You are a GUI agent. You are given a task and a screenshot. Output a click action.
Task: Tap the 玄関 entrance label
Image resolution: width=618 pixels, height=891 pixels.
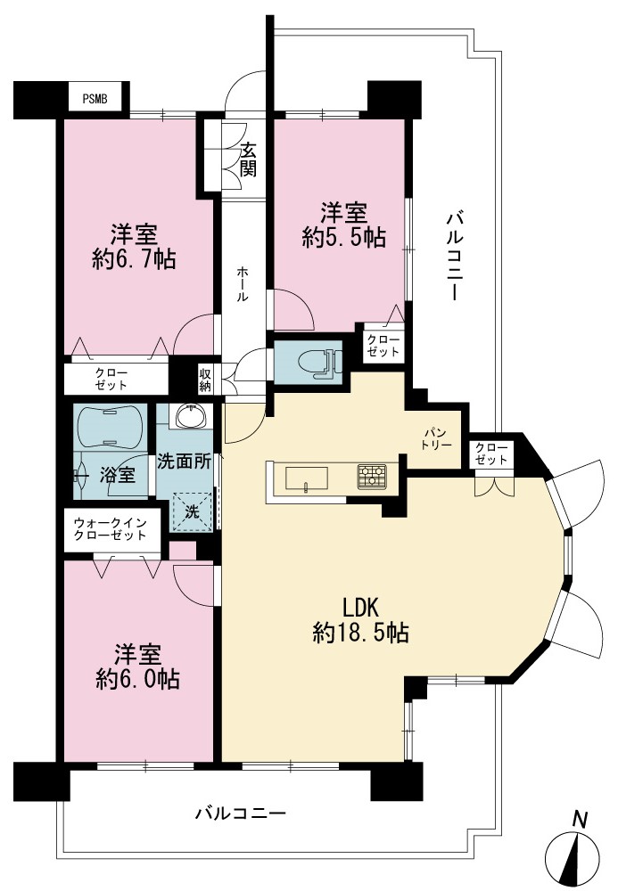(248, 159)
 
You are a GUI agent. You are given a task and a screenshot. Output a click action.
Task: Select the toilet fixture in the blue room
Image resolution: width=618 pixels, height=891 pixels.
(319, 362)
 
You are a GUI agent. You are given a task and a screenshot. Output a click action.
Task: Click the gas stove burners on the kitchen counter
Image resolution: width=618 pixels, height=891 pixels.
(372, 476)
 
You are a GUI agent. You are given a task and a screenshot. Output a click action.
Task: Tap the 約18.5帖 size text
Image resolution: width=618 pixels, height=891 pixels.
(360, 632)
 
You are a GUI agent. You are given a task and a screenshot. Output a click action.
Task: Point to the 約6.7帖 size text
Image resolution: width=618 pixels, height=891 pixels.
(134, 259)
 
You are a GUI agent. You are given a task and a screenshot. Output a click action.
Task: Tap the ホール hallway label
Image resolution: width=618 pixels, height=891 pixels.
(243, 283)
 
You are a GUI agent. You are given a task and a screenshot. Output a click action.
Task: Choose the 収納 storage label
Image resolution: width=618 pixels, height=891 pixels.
(205, 380)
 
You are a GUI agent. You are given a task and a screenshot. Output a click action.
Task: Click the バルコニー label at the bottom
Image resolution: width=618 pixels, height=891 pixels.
(241, 813)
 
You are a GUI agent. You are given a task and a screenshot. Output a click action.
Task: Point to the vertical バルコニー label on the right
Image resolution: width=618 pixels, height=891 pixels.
(454, 255)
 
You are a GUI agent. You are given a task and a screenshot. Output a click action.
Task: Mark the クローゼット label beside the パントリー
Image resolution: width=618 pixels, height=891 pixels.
(491, 454)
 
